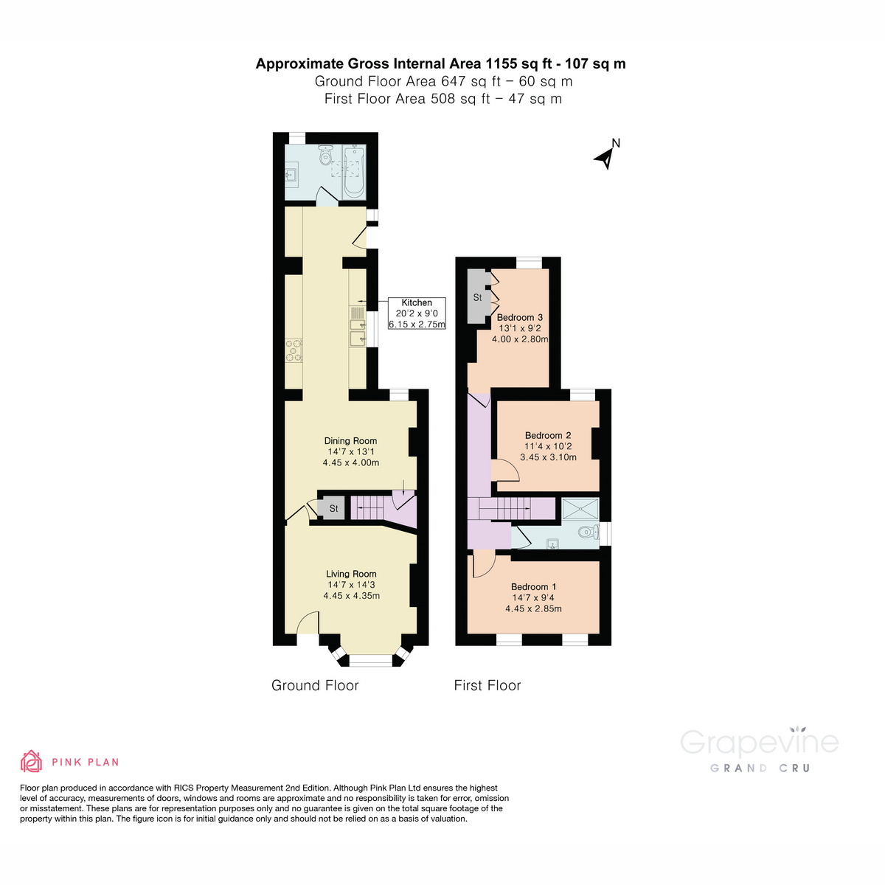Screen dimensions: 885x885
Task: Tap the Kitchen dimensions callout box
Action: (417, 313)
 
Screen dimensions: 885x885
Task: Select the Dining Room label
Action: (350, 441)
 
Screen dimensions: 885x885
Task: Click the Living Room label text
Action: (351, 574)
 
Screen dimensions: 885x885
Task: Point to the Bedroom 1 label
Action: (533, 587)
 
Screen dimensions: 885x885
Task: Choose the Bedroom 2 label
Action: (548, 435)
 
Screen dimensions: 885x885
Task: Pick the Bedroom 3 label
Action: (519, 318)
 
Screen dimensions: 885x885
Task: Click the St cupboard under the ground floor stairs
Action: (333, 508)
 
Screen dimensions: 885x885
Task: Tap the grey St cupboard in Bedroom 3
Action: (478, 297)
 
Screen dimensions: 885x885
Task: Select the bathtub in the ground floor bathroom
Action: (354, 172)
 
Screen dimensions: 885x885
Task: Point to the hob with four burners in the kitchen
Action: (294, 350)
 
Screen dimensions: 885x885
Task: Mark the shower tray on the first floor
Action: (580, 509)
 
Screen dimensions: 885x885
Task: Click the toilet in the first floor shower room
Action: (587, 531)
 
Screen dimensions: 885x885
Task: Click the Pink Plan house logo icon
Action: (31, 761)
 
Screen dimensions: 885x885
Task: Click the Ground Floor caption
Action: (315, 685)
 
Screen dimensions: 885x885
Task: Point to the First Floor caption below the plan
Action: (487, 685)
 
